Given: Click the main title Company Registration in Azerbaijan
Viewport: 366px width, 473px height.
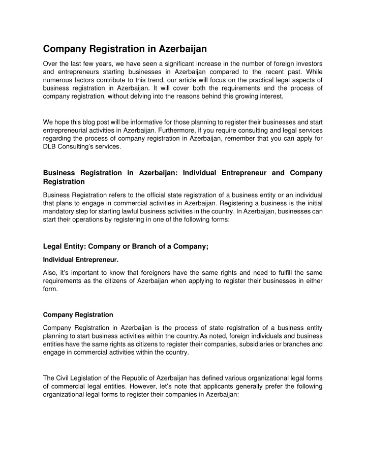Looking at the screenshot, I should pos(125,49).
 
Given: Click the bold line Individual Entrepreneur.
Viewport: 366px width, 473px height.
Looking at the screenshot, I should pos(81,260).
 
